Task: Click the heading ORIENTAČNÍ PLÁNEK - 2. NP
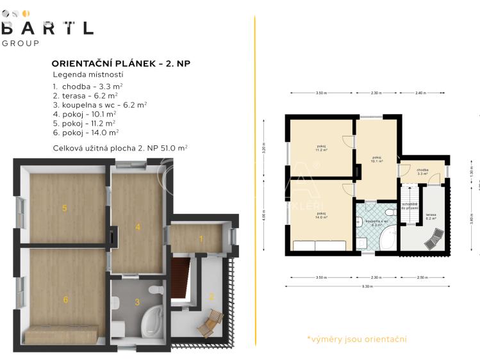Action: [120, 63]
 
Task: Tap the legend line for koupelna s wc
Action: [100, 104]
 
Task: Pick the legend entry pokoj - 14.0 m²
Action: [87, 132]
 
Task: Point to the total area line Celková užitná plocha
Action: [120, 147]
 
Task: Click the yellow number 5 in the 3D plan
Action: [64, 208]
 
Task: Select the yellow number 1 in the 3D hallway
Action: [201, 239]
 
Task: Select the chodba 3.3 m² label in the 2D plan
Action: [422, 172]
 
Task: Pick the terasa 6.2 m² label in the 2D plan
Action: [431, 217]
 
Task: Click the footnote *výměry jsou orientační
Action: [356, 339]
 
